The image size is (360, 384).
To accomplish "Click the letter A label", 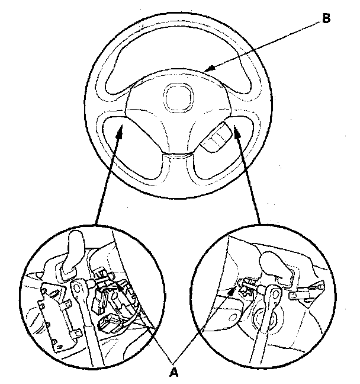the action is (x=174, y=372).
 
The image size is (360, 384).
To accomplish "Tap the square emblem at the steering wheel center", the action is (x=178, y=95).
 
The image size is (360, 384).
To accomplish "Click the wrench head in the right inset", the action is (x=273, y=290).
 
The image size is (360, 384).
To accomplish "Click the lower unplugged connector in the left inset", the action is (x=110, y=324).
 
